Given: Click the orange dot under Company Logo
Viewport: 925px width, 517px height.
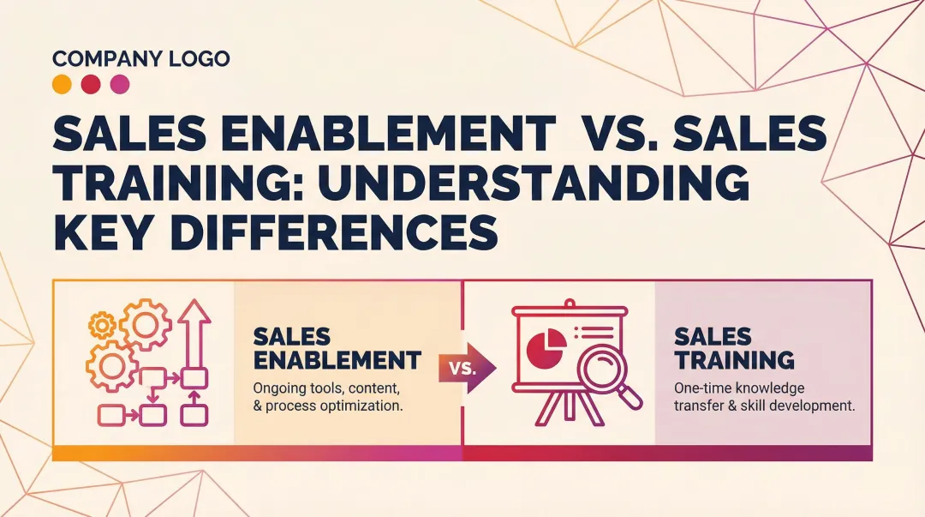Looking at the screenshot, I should coord(62,84).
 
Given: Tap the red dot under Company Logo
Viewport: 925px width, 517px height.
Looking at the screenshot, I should coord(91,84).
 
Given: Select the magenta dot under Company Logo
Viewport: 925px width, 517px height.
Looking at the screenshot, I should coord(120,84).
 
